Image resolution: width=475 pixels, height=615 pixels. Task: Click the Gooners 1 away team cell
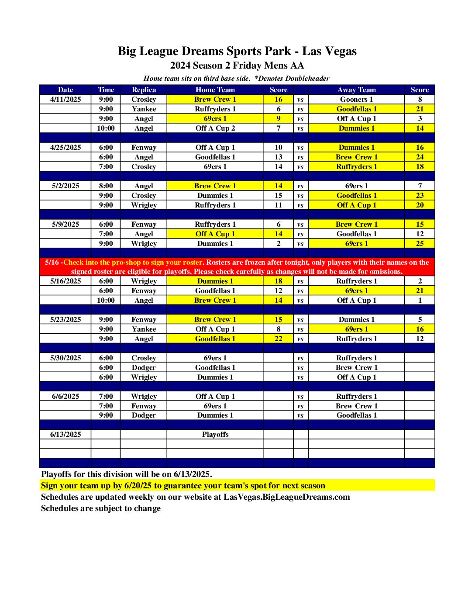coord(356,100)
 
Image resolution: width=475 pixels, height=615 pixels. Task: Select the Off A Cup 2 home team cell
coord(215,128)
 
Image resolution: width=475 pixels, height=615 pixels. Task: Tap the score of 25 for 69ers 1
coord(420,244)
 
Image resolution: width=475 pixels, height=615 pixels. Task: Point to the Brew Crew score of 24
coord(420,157)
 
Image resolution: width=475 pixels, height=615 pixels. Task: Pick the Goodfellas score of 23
coord(420,196)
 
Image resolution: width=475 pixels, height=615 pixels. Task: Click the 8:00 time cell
coord(106,186)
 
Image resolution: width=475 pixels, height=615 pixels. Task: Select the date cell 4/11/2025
coord(65,100)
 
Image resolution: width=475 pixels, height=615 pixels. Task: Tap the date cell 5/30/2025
coord(65,358)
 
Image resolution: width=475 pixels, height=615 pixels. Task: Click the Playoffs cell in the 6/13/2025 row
coord(215,435)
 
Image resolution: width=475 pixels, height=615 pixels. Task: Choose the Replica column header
coord(144,90)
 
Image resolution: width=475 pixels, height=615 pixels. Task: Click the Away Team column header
coord(356,90)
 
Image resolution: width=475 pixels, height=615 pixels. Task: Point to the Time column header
coord(106,90)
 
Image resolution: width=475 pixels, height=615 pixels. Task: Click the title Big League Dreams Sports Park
coord(237,51)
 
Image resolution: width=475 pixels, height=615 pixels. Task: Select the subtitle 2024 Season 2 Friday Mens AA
coord(237,66)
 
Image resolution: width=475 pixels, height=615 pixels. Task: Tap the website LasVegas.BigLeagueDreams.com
coord(286,497)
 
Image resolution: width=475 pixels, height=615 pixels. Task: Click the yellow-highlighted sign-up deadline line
coord(183,486)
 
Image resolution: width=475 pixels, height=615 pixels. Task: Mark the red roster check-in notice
coord(237,267)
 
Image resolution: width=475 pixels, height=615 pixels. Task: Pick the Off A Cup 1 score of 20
coord(420,205)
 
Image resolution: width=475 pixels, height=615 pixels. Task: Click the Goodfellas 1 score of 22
coord(278,339)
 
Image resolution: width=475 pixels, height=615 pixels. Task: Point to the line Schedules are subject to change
coord(101,508)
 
